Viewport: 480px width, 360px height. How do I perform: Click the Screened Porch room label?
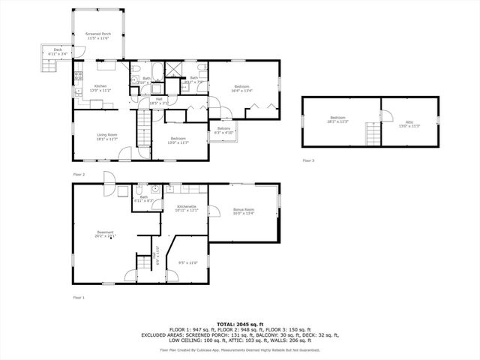pos(97,36)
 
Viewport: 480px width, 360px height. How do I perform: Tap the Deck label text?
pos(52,52)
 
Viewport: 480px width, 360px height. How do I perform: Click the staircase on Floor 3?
pos(373,135)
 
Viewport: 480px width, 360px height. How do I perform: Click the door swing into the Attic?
pos(387,114)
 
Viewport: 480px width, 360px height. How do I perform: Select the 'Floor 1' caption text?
pos(79,298)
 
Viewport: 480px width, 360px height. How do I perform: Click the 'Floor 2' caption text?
pos(79,174)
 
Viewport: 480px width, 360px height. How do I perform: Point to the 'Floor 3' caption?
pos(309,160)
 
